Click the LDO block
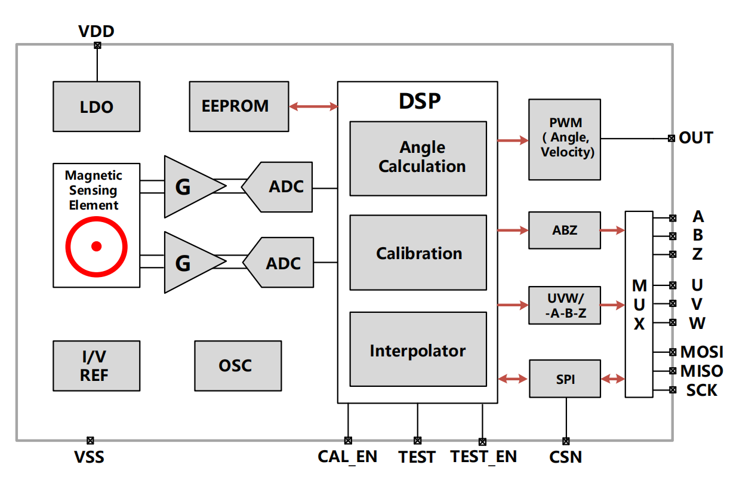click(x=96, y=107)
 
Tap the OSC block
click(x=238, y=365)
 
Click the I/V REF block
click(x=96, y=366)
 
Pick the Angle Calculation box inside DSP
click(x=418, y=158)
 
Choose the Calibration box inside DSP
click(x=418, y=253)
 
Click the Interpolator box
click(x=418, y=349)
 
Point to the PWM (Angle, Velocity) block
click(x=565, y=139)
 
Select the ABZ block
click(x=565, y=230)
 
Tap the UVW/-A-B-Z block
click(x=565, y=305)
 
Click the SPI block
click(x=565, y=379)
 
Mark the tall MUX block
click(x=639, y=304)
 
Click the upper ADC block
click(x=279, y=187)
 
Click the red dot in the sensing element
click(x=96, y=246)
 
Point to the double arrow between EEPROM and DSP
click(x=313, y=107)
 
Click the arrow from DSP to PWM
click(x=513, y=140)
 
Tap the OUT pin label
click(x=696, y=138)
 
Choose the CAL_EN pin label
click(x=347, y=457)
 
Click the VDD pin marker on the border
click(x=97, y=45)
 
